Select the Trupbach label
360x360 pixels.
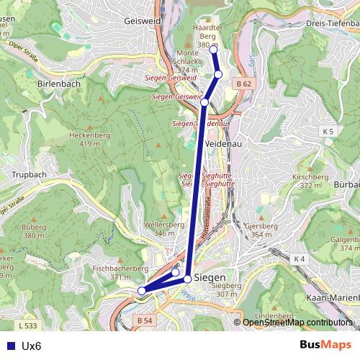pyautogui.click(x=29, y=175)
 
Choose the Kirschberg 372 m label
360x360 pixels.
pyautogui.click(x=310, y=181)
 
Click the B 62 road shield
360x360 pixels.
pyautogui.click(x=244, y=84)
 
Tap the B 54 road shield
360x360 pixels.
pyautogui.click(x=145, y=320)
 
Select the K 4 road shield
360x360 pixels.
pyautogui.click(x=300, y=258)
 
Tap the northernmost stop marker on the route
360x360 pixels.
pyautogui.click(x=213, y=48)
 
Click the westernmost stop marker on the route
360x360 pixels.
pyautogui.click(x=142, y=291)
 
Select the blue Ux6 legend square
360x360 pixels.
pyautogui.click(x=10, y=346)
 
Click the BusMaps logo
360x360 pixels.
pyautogui.click(x=325, y=345)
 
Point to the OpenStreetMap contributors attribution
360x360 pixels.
pyautogui.click(x=297, y=322)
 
